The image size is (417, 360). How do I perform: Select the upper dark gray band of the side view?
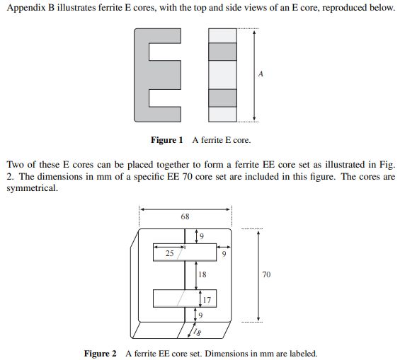[x=222, y=52]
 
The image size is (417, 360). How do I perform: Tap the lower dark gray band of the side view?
[x=222, y=97]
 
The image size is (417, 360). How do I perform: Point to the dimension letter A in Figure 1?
[x=261, y=74]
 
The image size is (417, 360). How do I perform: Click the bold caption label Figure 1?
[x=167, y=140]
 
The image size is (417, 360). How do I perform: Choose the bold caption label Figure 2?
[x=100, y=353]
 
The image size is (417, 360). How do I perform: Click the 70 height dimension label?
[x=266, y=274]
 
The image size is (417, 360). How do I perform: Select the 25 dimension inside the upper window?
[x=170, y=252]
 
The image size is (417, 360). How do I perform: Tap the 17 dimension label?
[x=207, y=299]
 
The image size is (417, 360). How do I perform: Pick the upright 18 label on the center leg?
[x=202, y=274]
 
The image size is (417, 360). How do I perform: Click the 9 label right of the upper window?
[x=224, y=252]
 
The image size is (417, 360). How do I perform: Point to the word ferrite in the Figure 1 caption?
[x=211, y=140]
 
